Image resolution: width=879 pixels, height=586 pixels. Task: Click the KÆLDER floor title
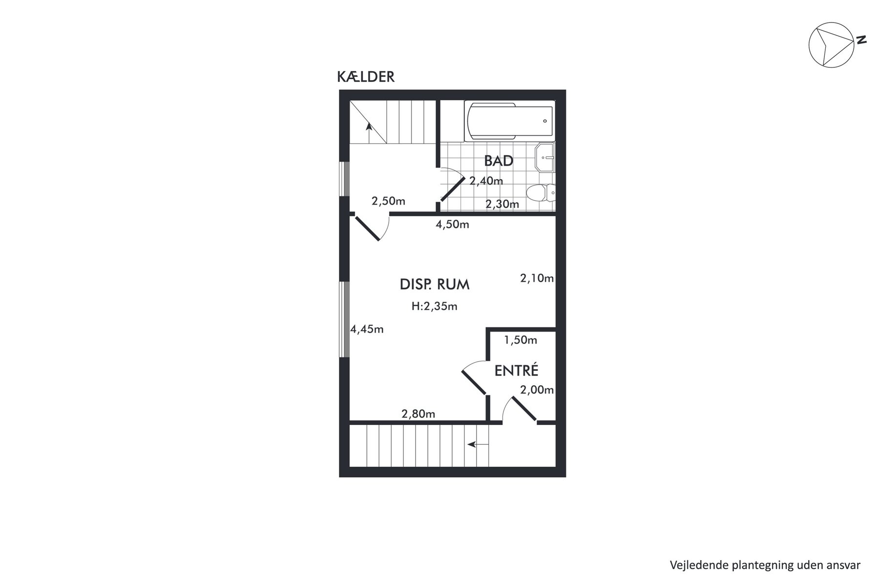pos(366,77)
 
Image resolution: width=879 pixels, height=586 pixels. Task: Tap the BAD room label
pos(499,161)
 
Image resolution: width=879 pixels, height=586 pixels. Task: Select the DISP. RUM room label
pos(435,284)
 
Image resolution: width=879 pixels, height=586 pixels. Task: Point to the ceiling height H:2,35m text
pos(435,306)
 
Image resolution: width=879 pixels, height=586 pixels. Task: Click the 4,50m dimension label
pos(452,225)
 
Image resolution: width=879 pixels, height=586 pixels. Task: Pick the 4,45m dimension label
pos(367,329)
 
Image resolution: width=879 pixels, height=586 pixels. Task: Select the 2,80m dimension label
pos(418,414)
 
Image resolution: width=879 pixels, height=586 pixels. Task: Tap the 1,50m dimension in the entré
pos(521,340)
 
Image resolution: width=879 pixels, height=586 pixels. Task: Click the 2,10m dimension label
pos(537,278)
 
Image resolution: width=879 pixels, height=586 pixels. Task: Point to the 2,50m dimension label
pos(388,201)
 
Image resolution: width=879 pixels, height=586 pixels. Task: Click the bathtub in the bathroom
pos(510,122)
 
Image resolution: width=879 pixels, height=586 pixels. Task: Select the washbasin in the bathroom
pos(545,158)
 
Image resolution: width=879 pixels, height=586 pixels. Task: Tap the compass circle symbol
pos(832,45)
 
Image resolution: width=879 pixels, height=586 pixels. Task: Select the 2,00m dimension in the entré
pos(537,390)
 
